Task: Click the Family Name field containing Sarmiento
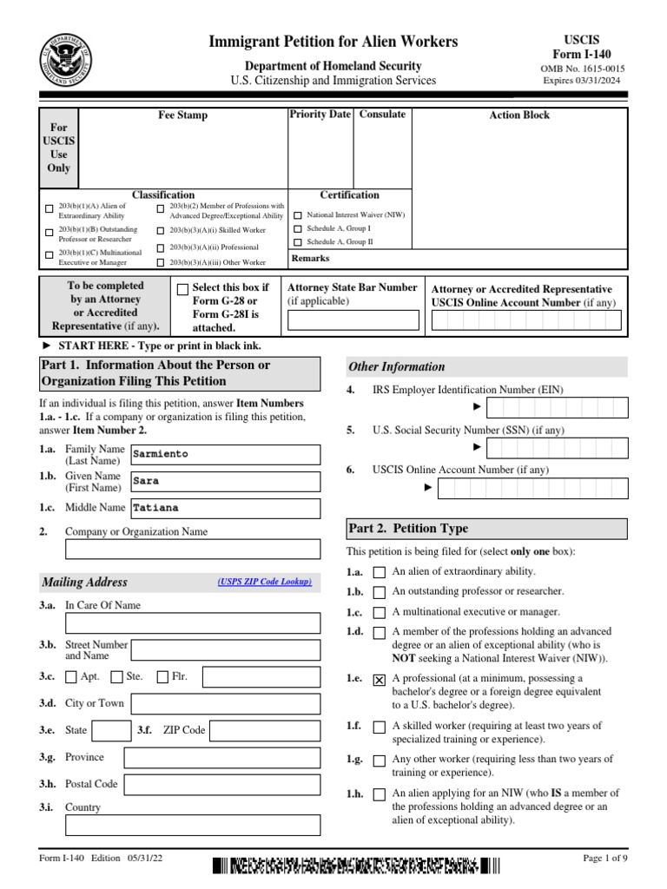(224, 454)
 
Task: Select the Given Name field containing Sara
(224, 481)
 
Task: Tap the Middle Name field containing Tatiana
(224, 509)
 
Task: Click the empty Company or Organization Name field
(193, 549)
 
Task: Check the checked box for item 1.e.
(379, 682)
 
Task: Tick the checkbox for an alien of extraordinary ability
(379, 572)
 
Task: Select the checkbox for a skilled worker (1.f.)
(379, 728)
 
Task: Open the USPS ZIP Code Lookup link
(264, 582)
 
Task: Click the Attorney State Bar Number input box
(353, 321)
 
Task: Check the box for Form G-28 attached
(182, 290)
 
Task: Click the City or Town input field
(224, 703)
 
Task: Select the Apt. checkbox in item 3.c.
(71, 677)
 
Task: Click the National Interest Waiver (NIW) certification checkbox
(299, 215)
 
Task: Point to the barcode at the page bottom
(356, 865)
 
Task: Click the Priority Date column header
(320, 115)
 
